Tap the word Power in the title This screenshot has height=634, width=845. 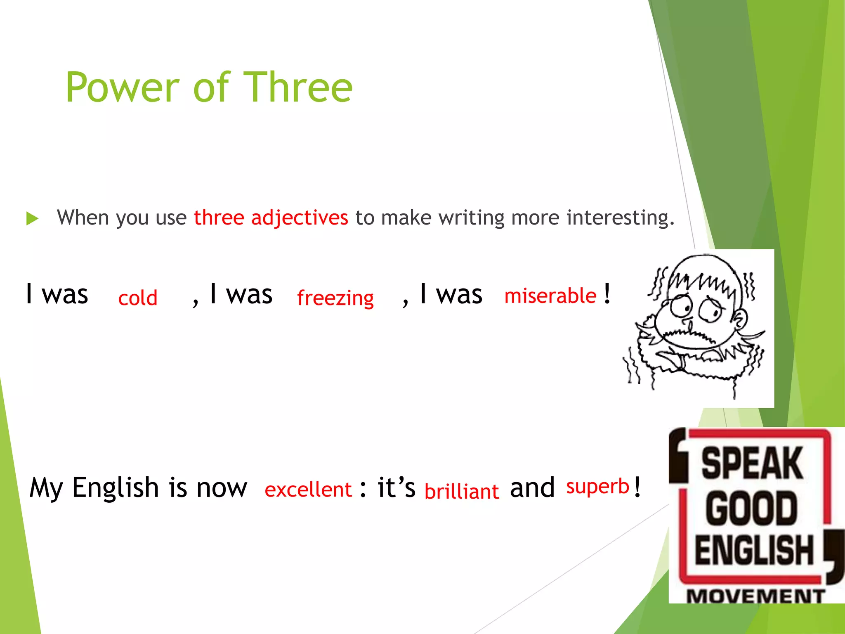pyautogui.click(x=123, y=88)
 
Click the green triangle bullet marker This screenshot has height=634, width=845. pyautogui.click(x=32, y=218)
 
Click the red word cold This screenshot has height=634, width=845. pyautogui.click(x=138, y=298)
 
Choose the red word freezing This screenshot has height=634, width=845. pyautogui.click(x=335, y=298)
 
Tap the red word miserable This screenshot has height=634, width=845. pyautogui.click(x=550, y=296)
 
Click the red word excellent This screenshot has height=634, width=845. pyautogui.click(x=308, y=490)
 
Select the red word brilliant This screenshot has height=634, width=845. pyautogui.click(x=462, y=492)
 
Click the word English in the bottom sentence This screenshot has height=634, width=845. pyautogui.click(x=116, y=487)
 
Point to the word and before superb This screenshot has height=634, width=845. pyautogui.click(x=532, y=488)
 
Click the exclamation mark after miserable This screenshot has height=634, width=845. pyautogui.click(x=607, y=293)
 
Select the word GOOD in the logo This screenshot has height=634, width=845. pyautogui.click(x=751, y=508)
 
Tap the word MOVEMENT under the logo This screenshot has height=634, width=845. pyautogui.click(x=755, y=596)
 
